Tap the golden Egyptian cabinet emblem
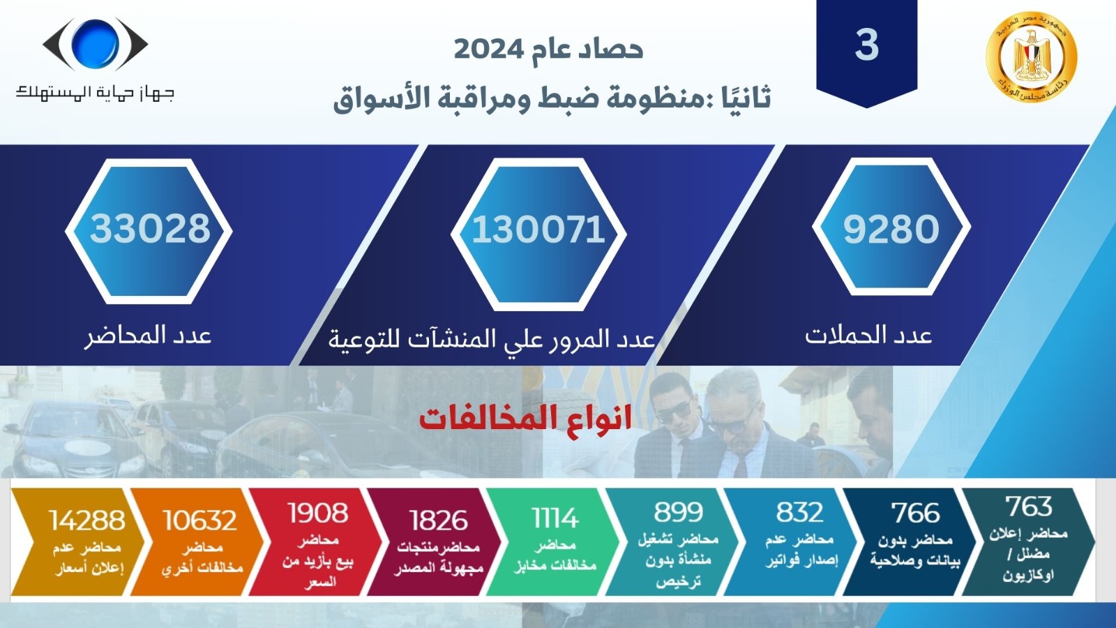click(x=1032, y=57)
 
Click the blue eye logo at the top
click(x=95, y=44)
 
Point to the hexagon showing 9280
click(x=891, y=227)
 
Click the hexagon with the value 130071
click(x=538, y=234)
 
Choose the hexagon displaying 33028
click(x=149, y=231)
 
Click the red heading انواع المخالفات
click(x=526, y=419)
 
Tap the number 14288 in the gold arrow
click(x=86, y=521)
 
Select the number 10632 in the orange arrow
click(x=199, y=521)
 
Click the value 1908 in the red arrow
click(x=318, y=513)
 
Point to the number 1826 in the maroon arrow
click(x=439, y=521)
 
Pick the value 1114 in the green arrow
click(x=555, y=518)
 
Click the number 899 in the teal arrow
click(x=679, y=512)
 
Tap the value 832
click(x=799, y=512)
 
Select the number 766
click(x=916, y=513)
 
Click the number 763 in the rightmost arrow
click(x=1028, y=506)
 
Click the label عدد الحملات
click(x=868, y=335)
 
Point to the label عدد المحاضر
click(x=148, y=336)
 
